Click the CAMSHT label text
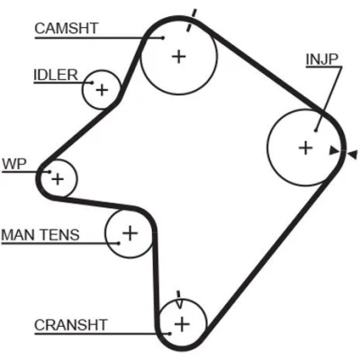(67, 28)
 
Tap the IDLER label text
(56, 75)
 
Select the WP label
(14, 164)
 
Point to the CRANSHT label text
(71, 325)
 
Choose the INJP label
(322, 59)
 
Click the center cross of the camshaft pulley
(179, 57)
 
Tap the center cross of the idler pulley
(102, 90)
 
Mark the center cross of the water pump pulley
(58, 179)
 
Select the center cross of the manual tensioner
(130, 233)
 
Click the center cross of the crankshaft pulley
(182, 324)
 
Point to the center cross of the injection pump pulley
(306, 148)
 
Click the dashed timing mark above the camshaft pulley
(192, 20)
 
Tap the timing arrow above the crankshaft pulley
(179, 300)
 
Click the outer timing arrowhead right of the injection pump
(353, 155)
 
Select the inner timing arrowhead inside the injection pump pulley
(334, 150)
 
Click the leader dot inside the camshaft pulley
(163, 38)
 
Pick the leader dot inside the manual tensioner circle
(119, 243)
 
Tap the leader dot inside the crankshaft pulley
(169, 333)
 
